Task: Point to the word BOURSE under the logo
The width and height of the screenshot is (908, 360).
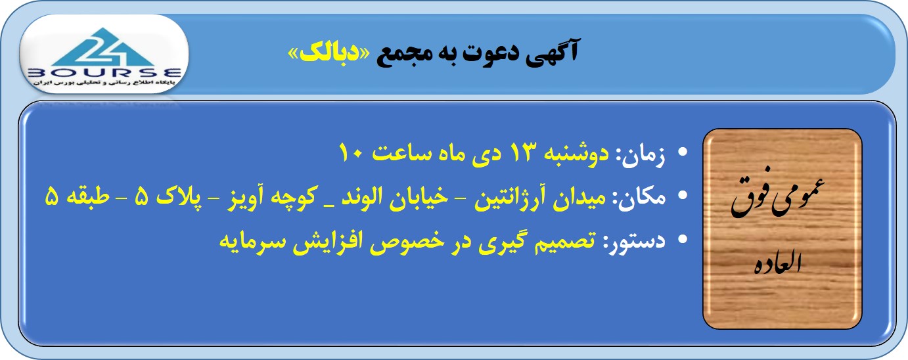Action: [x=104, y=73]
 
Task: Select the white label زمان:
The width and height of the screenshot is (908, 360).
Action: [x=641, y=155]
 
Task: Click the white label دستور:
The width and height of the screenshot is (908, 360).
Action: [x=635, y=241]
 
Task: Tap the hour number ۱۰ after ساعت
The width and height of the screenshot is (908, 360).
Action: [x=353, y=152]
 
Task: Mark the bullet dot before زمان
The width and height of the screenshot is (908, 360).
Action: [x=683, y=152]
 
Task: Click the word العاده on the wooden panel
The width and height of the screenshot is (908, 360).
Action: [x=778, y=263]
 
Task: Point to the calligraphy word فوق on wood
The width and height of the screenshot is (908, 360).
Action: [x=751, y=196]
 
